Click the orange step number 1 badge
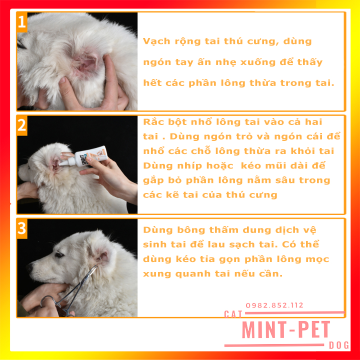click(x=22, y=22)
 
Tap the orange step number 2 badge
click(x=22, y=125)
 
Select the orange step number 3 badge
click(x=22, y=229)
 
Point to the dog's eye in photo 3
click(x=59, y=254)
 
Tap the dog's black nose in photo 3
click(x=29, y=267)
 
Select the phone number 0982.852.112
click(x=274, y=305)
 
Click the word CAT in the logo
click(x=233, y=314)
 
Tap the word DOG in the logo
click(x=339, y=345)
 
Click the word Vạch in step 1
click(x=157, y=41)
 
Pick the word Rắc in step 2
click(x=153, y=121)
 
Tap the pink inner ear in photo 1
click(x=86, y=64)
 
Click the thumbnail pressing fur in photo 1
click(x=62, y=80)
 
